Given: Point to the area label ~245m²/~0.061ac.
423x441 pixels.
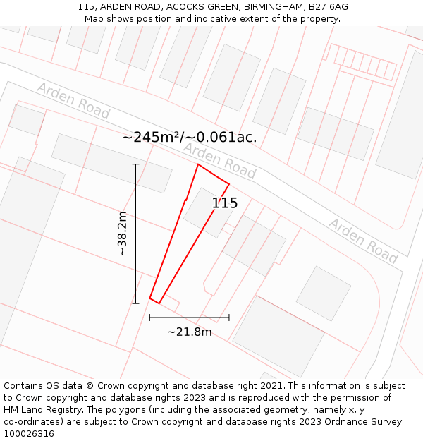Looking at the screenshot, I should [x=189, y=138].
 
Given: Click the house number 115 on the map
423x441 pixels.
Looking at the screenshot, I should [x=225, y=203].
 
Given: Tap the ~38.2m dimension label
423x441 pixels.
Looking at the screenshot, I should [x=122, y=234].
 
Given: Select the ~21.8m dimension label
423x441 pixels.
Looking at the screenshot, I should [x=189, y=332].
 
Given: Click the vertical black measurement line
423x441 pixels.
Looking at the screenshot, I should [x=135, y=234].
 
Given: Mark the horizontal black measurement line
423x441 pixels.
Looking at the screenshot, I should [x=189, y=318].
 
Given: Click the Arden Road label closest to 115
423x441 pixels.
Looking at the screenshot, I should [x=219, y=159].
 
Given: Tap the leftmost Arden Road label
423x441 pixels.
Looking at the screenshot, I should [x=73, y=100].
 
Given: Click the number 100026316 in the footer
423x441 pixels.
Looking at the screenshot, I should [x=30, y=434].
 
